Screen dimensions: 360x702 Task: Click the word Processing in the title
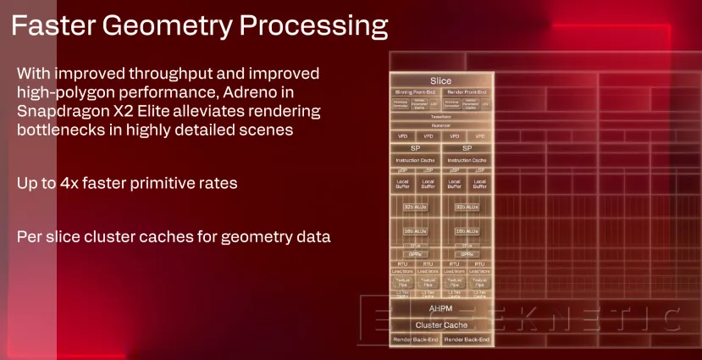pos(313,26)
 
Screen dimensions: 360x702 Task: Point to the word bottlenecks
pos(64,130)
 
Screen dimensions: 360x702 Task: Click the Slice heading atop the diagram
pos(440,80)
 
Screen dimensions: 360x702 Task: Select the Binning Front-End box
pos(415,91)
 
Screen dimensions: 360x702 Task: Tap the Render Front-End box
pos(467,91)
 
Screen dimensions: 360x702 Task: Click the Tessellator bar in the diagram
pos(440,117)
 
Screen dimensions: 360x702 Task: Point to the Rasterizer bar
pos(440,125)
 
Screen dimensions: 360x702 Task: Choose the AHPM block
pos(440,309)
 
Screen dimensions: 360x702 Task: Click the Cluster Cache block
pos(440,324)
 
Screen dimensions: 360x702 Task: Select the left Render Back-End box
pos(415,339)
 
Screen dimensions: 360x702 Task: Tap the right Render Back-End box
pos(467,339)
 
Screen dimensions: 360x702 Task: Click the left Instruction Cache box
pos(415,159)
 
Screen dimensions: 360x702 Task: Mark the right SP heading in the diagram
pos(467,147)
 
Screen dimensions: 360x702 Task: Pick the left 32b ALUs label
pos(415,207)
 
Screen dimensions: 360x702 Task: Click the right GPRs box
pos(467,253)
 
